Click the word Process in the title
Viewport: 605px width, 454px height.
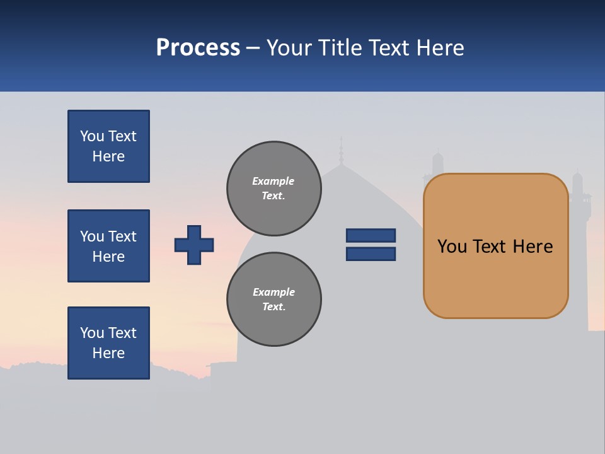click(198, 48)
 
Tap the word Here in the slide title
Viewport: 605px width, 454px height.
click(440, 48)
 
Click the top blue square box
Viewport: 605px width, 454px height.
click(108, 146)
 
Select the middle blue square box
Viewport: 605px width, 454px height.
click(108, 246)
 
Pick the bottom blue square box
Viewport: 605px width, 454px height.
click(108, 343)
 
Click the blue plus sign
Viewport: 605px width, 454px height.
click(194, 245)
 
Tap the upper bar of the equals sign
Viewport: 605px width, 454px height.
click(371, 235)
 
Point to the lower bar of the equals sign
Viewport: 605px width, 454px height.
click(371, 254)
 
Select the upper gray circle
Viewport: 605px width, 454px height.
click(274, 189)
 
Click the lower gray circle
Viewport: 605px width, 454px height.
click(274, 300)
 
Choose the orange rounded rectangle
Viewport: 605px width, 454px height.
click(495, 246)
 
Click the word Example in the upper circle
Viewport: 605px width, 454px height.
click(273, 181)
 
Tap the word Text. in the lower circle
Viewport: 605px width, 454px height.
click(274, 307)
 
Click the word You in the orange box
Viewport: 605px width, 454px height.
click(452, 247)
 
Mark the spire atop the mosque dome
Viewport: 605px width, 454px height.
click(341, 151)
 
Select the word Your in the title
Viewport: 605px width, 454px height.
click(289, 48)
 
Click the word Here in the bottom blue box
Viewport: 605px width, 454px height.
click(108, 353)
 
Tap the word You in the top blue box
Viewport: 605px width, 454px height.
click(92, 136)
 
